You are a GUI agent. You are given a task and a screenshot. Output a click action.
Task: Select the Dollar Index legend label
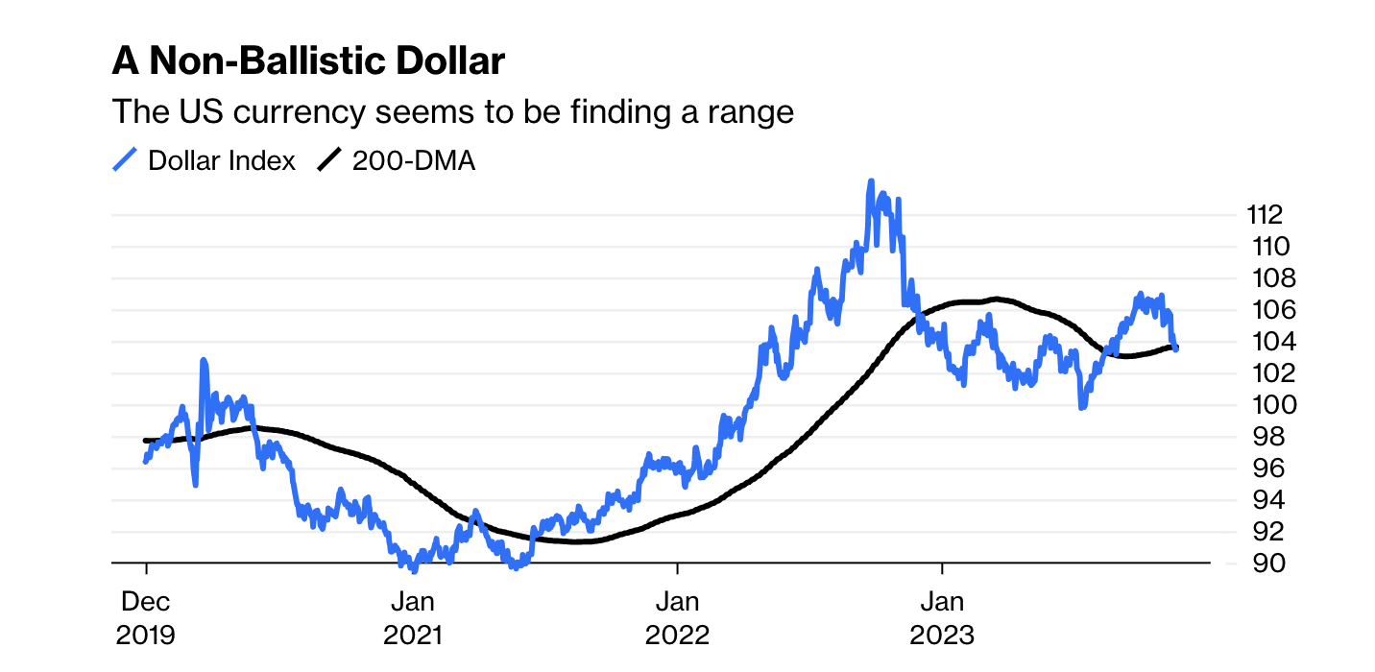click(x=222, y=161)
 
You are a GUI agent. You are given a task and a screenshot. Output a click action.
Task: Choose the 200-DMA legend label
click(x=414, y=161)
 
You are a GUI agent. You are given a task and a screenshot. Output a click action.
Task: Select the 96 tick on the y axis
click(x=1256, y=468)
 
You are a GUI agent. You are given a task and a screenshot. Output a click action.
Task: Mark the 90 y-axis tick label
click(x=1256, y=564)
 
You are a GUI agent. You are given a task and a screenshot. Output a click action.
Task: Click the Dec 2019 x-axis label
click(x=146, y=618)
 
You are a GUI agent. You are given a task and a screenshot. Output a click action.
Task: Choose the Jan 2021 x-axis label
click(x=413, y=618)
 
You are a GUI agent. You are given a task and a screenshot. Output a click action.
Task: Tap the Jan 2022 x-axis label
click(x=678, y=618)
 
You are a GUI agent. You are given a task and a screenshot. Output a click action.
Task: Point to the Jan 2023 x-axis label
click(x=943, y=618)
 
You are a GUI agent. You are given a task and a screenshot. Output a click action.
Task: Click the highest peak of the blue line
click(x=871, y=181)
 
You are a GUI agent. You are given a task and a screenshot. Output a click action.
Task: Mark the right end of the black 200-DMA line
click(x=1175, y=348)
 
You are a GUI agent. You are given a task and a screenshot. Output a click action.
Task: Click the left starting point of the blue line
click(x=146, y=462)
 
